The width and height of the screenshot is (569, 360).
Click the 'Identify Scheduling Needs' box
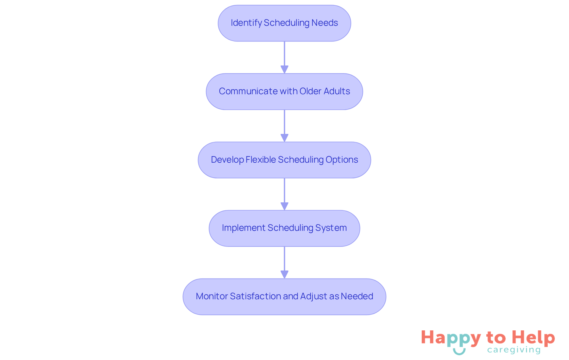[x=284, y=23]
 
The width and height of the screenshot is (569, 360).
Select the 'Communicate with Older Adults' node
[x=284, y=92]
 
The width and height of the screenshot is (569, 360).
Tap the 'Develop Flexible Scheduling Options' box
[x=284, y=160]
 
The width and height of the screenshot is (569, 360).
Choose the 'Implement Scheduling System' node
[x=284, y=228]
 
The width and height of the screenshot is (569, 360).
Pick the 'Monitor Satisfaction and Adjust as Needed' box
[x=284, y=297]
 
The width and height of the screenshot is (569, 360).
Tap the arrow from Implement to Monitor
[x=284, y=262]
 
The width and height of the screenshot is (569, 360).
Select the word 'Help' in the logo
[x=533, y=338]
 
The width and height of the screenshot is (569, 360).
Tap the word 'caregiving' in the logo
[x=514, y=350]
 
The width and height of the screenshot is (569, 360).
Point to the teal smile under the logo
[x=459, y=352]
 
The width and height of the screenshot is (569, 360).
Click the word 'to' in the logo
[x=496, y=338]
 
